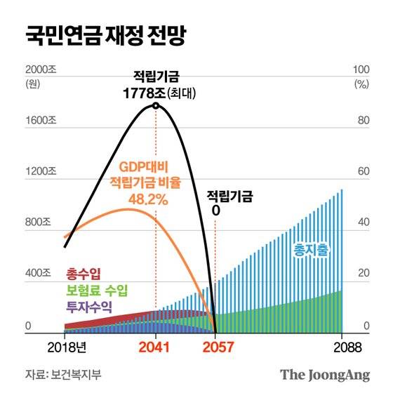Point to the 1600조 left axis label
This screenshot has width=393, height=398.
(40, 120)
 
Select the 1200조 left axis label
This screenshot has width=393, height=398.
(40, 171)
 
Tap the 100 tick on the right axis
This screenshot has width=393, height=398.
(361, 70)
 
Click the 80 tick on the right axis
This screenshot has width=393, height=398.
(362, 120)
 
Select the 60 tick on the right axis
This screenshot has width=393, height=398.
(362, 171)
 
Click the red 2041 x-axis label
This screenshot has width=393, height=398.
(155, 346)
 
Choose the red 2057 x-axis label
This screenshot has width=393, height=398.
(215, 346)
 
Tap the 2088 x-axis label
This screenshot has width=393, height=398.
(342, 346)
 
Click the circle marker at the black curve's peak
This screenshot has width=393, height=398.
(156, 106)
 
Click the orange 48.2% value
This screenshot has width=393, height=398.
(147, 199)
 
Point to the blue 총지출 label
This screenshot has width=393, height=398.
(311, 250)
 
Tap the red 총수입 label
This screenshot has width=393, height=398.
(83, 273)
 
